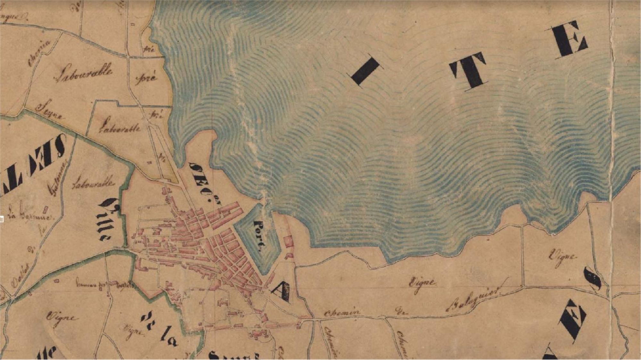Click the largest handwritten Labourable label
click(x=83, y=73)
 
